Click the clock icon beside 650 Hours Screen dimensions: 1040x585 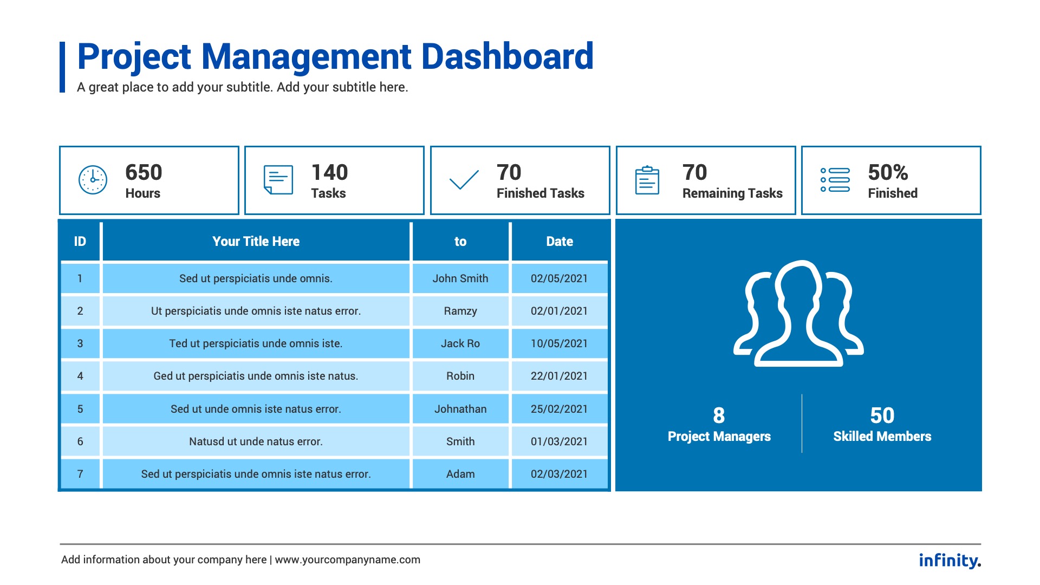coord(93,180)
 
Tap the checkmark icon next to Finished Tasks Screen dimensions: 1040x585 coord(464,180)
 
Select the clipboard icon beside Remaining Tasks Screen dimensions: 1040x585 coord(647,180)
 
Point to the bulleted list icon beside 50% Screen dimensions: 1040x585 coord(835,180)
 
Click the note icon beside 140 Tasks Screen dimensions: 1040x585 coord(278,180)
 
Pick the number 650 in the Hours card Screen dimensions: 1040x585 coord(144,173)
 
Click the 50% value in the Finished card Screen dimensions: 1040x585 coord(888,173)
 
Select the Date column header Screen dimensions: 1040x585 coord(560,242)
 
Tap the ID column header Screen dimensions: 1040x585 coord(80,242)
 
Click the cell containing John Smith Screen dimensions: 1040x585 coord(460,278)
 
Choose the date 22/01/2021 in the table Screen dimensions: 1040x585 coord(559,376)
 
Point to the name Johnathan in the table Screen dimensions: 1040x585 coord(460,409)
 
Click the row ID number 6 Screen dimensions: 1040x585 coord(80,441)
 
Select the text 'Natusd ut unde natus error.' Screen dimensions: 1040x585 coord(256,441)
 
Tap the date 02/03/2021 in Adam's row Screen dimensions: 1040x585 coord(559,474)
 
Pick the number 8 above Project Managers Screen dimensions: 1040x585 coord(719,415)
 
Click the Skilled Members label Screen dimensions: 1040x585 coord(882,437)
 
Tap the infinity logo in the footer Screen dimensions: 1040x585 coord(950,560)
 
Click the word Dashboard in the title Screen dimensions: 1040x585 coord(508,56)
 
